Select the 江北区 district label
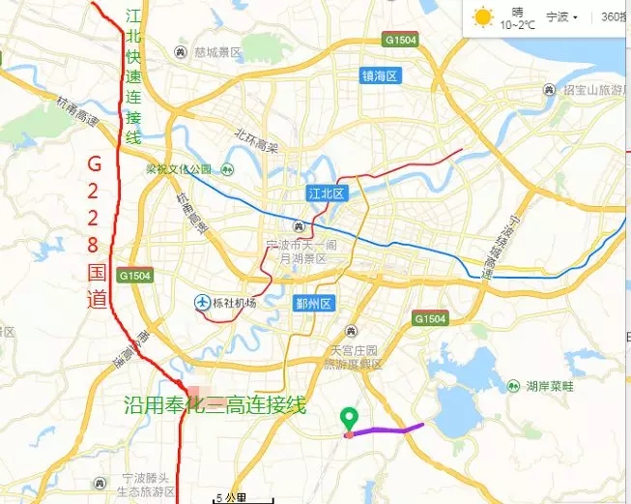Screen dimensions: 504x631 [326, 193]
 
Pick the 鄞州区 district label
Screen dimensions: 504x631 [314, 303]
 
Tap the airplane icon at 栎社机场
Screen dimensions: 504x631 [202, 303]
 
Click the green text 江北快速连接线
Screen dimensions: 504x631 [133, 75]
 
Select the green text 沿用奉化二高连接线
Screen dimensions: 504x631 [215, 404]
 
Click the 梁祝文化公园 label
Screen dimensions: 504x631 [179, 169]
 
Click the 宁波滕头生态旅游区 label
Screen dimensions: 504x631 [145, 486]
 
